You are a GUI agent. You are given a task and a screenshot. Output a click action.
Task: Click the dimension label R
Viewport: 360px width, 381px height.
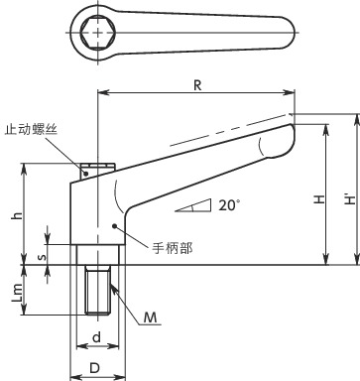(196, 86)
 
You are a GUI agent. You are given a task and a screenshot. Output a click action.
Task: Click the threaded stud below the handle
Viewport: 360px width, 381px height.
(97, 289)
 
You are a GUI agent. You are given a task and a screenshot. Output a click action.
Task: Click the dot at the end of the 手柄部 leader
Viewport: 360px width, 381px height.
(117, 227)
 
